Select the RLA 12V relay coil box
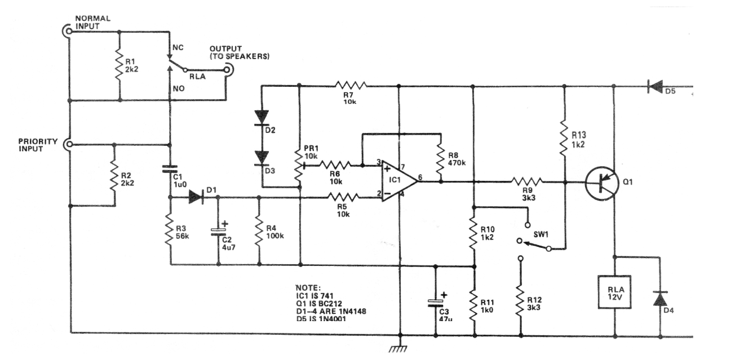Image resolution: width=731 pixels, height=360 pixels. (614, 292)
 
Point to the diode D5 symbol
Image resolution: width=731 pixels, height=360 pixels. (655, 86)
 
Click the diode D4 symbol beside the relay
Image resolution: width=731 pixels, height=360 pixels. (660, 299)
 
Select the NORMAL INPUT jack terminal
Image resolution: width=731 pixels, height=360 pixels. (68, 31)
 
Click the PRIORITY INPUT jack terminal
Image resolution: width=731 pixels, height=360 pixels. (68, 144)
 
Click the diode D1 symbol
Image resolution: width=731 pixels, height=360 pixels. (196, 197)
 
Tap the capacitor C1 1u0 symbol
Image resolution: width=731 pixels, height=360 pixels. (170, 168)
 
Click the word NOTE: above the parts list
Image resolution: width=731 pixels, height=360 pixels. (308, 288)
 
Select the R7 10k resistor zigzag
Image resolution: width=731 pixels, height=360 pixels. (351, 86)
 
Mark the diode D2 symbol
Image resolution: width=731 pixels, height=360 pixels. (262, 117)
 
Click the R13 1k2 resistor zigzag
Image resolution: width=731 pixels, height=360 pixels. (564, 138)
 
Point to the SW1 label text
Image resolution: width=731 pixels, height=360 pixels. (541, 234)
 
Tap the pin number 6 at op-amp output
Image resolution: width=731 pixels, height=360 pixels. (420, 177)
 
